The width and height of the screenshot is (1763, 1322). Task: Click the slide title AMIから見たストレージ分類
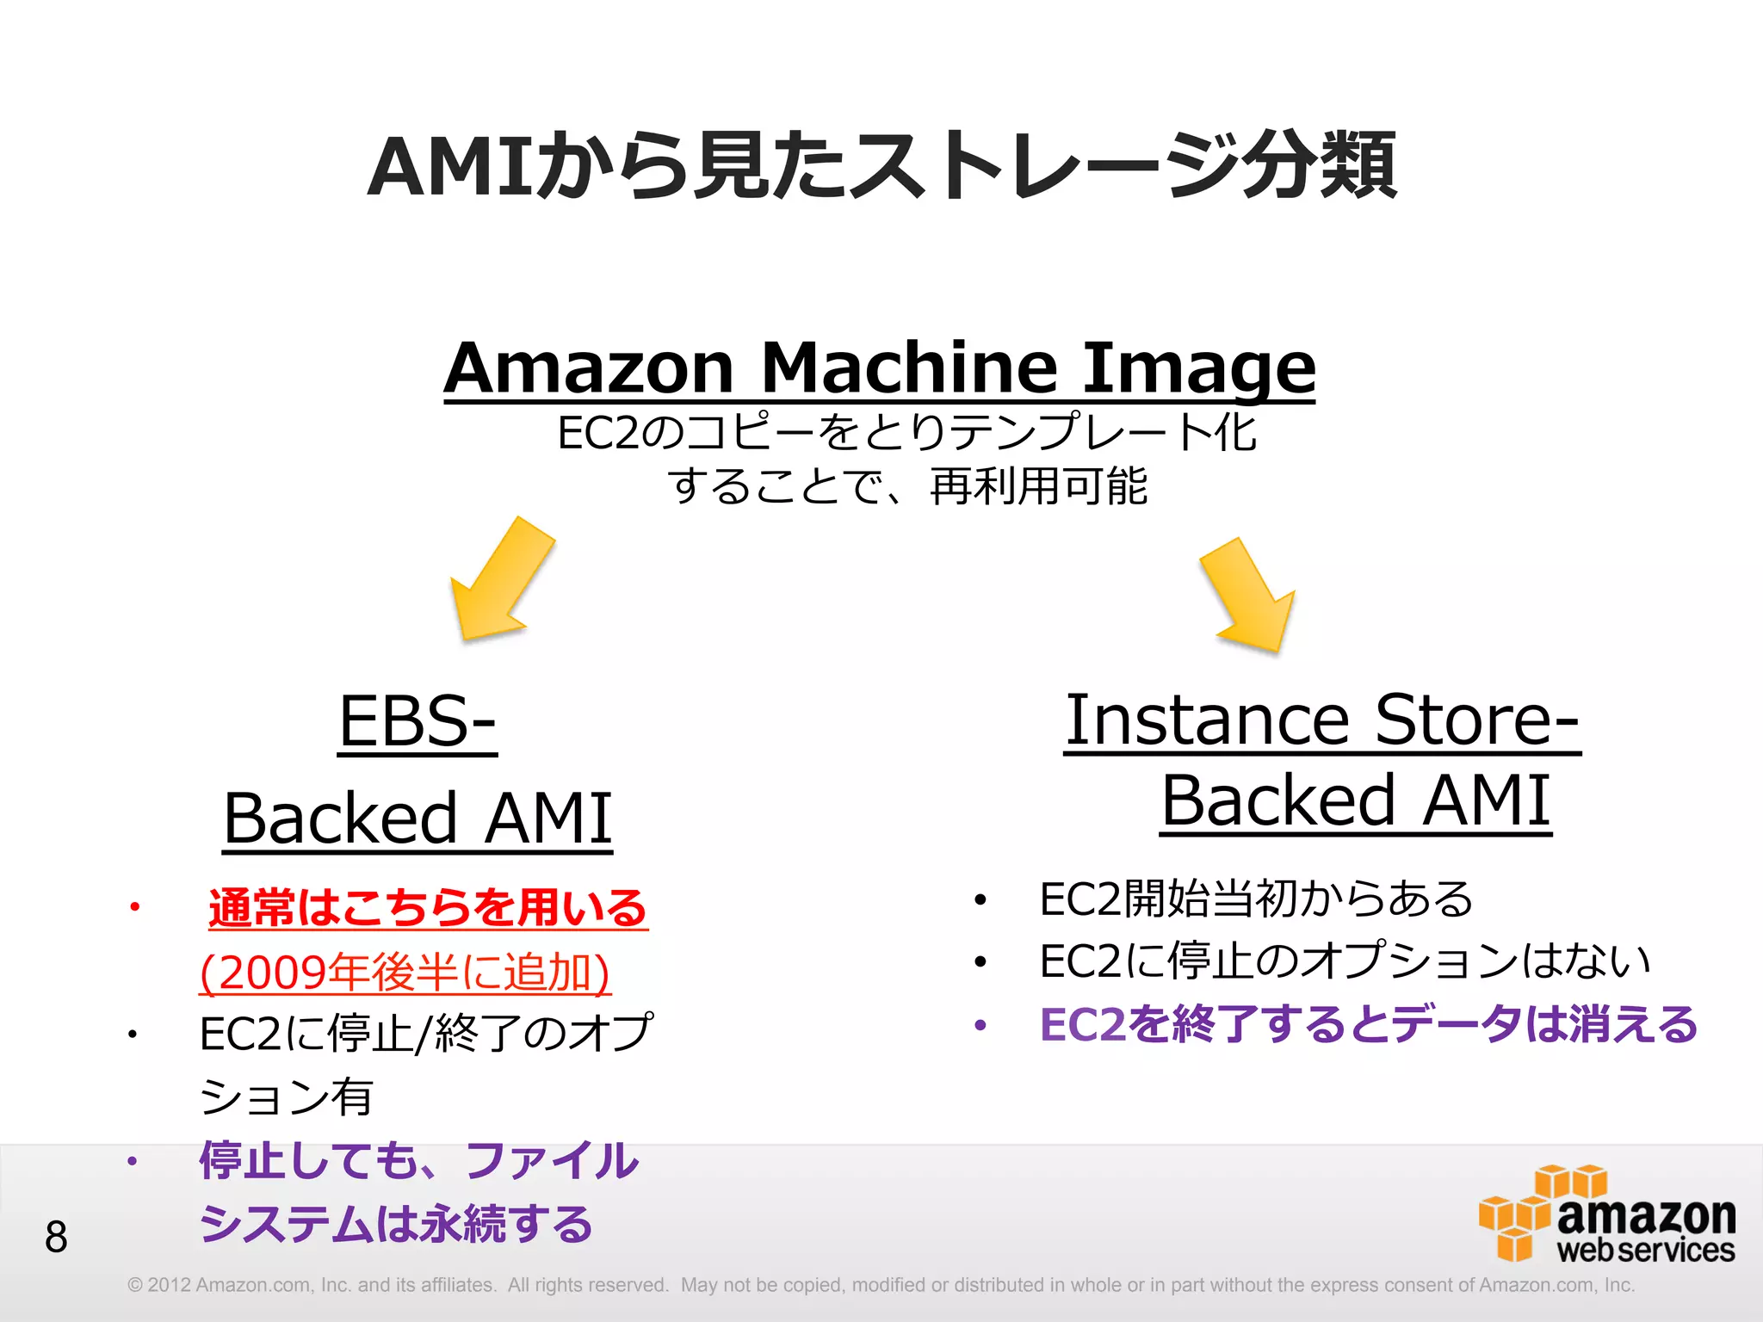(881, 165)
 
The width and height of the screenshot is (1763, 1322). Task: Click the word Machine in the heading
(908, 368)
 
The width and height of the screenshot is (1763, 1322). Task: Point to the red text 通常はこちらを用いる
(428, 907)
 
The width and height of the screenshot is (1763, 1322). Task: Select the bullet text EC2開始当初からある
(1256, 899)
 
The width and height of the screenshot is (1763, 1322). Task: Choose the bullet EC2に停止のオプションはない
(1345, 961)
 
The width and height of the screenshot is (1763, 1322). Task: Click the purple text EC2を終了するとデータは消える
(1368, 1024)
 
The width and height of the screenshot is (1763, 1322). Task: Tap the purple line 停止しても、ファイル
(419, 1160)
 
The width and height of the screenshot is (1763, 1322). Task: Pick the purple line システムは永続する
(396, 1223)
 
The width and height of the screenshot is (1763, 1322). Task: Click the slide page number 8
(56, 1237)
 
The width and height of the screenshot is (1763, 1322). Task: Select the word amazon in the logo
(1646, 1215)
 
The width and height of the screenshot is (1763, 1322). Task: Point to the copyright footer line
(880, 1285)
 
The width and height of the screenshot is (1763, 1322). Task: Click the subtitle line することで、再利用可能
(907, 486)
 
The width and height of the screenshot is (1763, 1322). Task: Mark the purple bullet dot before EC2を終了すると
(980, 1025)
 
